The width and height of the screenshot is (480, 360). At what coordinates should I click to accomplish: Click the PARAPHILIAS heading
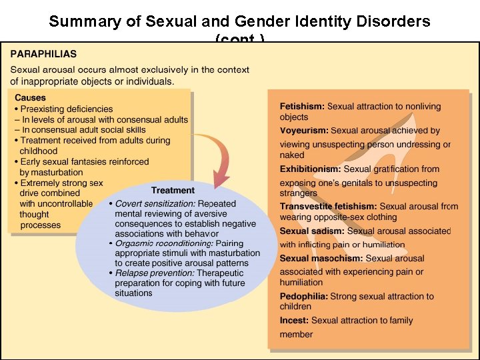point(43,54)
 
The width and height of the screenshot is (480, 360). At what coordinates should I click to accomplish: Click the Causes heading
point(30,98)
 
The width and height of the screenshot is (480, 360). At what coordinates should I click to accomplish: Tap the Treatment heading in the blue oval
point(173,190)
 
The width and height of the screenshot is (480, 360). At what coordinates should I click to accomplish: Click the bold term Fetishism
point(302,107)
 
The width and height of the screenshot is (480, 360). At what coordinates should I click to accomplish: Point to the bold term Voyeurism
point(304,131)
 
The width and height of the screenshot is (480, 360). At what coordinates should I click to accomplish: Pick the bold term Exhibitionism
point(310,169)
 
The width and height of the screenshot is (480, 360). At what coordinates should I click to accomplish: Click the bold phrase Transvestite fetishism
point(328,207)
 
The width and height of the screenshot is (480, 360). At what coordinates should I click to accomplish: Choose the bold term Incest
point(294,321)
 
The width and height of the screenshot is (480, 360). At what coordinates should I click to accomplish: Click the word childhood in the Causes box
point(39,151)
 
